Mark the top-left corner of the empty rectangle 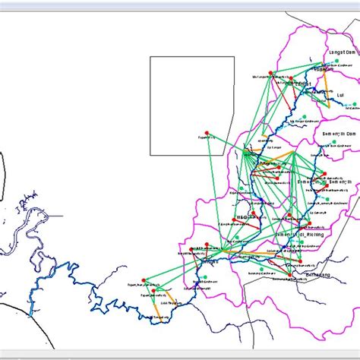[150, 56]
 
